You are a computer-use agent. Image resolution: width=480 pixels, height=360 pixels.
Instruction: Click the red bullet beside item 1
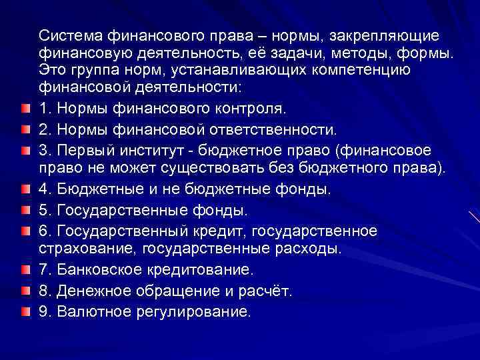(25, 108)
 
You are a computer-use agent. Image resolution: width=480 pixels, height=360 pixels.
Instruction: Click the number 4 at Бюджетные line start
(45, 189)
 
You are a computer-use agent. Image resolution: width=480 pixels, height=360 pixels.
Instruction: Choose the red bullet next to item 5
(25, 211)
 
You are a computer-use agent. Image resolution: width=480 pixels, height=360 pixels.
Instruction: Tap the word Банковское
(99, 271)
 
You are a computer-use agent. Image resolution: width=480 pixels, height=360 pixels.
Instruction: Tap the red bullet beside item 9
(25, 311)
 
